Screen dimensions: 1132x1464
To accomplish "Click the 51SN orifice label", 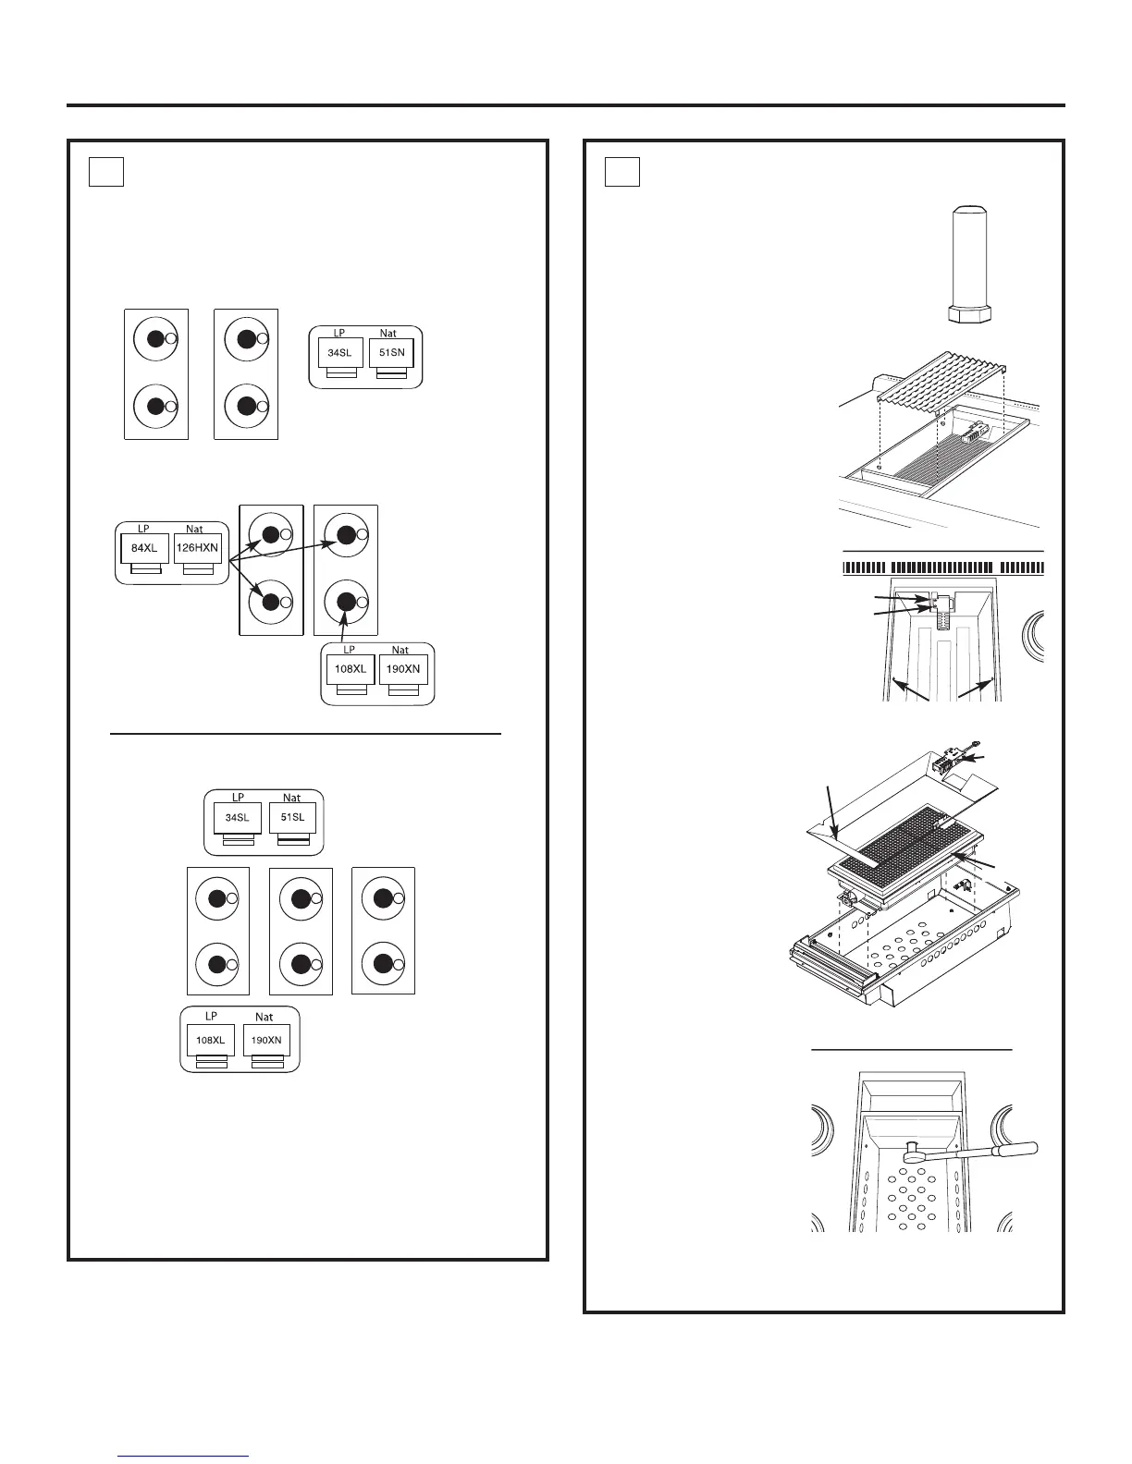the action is click(x=391, y=352).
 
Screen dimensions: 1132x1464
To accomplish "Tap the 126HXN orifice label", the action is click(x=197, y=548).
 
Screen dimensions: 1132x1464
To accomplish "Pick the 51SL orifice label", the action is click(x=292, y=817).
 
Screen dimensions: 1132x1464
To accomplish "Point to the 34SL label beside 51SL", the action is click(x=238, y=817).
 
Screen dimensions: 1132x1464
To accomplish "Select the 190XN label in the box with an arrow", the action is click(x=404, y=669).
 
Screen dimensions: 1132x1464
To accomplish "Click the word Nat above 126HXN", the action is click(x=194, y=530).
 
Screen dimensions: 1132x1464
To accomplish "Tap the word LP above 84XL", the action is click(x=143, y=530).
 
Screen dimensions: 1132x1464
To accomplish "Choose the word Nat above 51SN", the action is click(x=388, y=334).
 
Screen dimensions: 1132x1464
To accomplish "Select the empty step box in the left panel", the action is click(x=106, y=172).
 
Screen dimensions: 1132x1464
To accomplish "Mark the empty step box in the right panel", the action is click(x=622, y=172).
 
